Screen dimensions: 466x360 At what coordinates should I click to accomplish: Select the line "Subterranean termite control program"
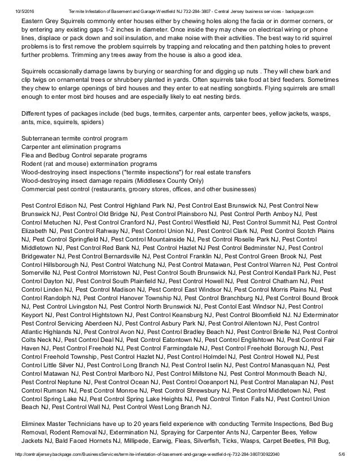74,139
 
